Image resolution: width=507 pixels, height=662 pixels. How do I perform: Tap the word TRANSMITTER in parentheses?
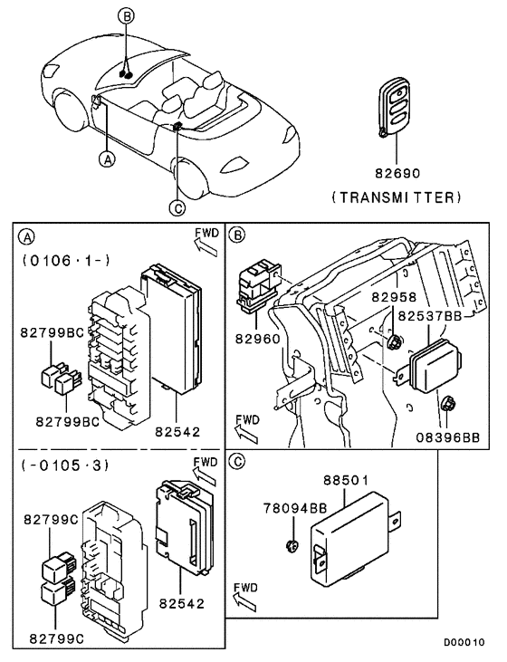pos(396,196)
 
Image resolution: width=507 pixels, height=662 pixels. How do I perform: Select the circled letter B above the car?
pos(127,16)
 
